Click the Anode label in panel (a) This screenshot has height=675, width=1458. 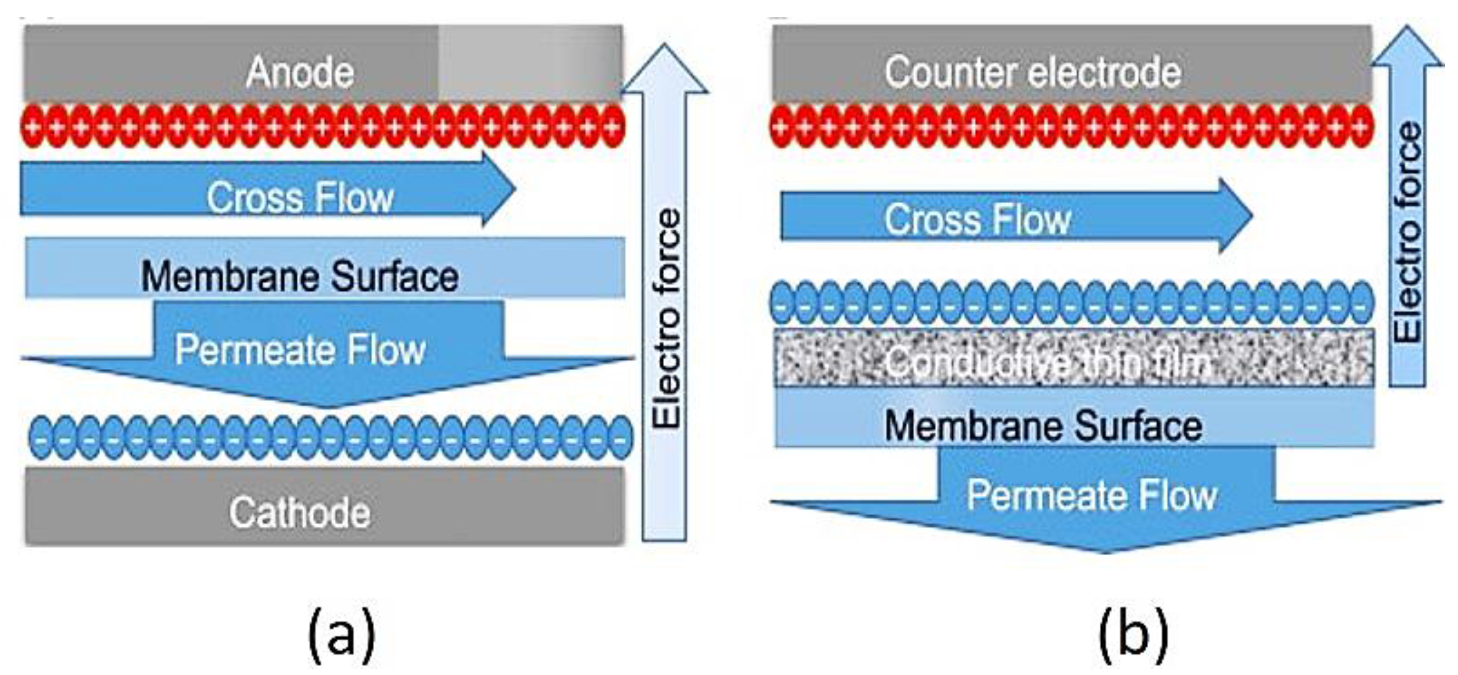pyautogui.click(x=300, y=71)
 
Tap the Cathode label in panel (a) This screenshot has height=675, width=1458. pyautogui.click(x=299, y=512)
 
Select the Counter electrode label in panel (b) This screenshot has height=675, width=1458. pyautogui.click(x=1033, y=71)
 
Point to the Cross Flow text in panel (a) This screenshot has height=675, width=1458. pyautogui.click(x=300, y=197)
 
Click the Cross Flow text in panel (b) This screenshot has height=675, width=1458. pyautogui.click(x=977, y=219)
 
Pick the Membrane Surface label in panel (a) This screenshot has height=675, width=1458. pyautogui.click(x=300, y=277)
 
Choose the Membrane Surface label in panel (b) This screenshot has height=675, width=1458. pyautogui.click(x=1043, y=426)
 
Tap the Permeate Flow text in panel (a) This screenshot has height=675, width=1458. pyautogui.click(x=300, y=349)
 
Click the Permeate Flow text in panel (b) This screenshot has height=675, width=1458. pyautogui.click(x=1092, y=495)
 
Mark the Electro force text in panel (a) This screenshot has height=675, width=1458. pyautogui.click(x=667, y=318)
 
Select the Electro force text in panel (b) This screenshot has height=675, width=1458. pyautogui.click(x=1408, y=232)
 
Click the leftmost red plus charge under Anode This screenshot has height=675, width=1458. pyautogui.click(x=32, y=126)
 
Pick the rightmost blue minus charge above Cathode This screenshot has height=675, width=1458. pyautogui.click(x=620, y=437)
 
